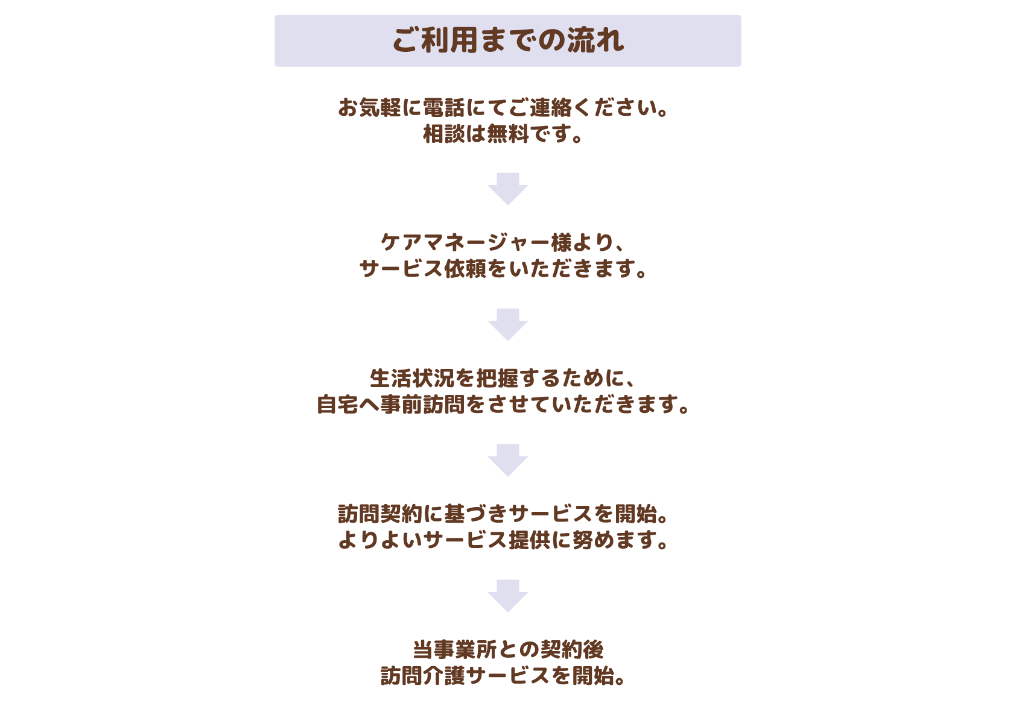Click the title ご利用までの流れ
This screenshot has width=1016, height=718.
[x=507, y=40]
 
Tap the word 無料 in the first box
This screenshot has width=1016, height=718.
[x=508, y=134]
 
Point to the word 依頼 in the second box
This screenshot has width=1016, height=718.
[x=465, y=269]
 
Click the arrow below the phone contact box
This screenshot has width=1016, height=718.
[x=508, y=189]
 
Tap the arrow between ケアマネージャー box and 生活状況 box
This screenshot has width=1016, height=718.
[x=508, y=324]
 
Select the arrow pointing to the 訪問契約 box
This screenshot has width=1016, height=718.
[x=508, y=460]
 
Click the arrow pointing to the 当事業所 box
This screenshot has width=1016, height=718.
[x=508, y=596]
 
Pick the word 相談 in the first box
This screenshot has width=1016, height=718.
[x=443, y=134]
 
